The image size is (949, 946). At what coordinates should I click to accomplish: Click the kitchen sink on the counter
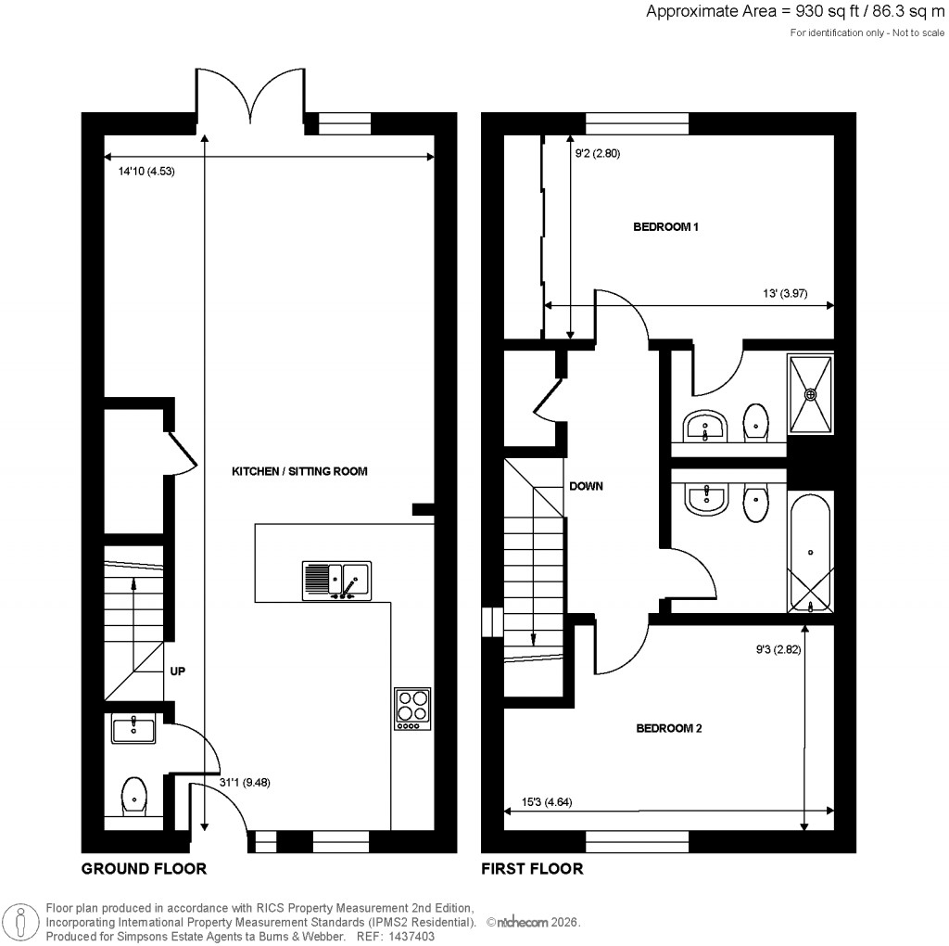pos(335,580)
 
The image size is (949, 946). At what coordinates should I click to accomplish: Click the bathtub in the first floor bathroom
pos(810,555)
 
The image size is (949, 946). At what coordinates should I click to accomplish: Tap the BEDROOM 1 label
pos(665,227)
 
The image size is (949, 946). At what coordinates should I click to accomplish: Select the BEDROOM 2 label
pos(668,729)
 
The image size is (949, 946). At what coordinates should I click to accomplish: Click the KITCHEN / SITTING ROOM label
pos(299,471)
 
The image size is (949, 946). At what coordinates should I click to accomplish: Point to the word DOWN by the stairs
pos(586,485)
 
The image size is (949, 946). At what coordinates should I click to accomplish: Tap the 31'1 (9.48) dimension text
pos(245,782)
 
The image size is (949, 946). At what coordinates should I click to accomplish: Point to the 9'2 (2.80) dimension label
pos(597,154)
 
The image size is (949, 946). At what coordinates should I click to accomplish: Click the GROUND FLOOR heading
pos(144,869)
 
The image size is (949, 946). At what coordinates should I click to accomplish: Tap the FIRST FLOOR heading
pos(532,869)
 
